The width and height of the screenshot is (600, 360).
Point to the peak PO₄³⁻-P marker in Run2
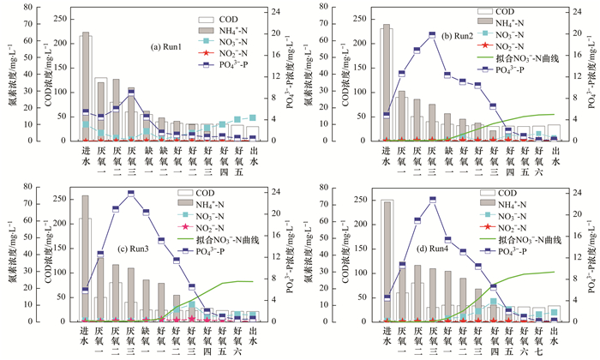[432, 34]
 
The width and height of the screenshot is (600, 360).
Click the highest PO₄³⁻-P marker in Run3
[131, 194]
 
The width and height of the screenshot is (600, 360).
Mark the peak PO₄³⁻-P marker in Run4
[433, 199]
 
